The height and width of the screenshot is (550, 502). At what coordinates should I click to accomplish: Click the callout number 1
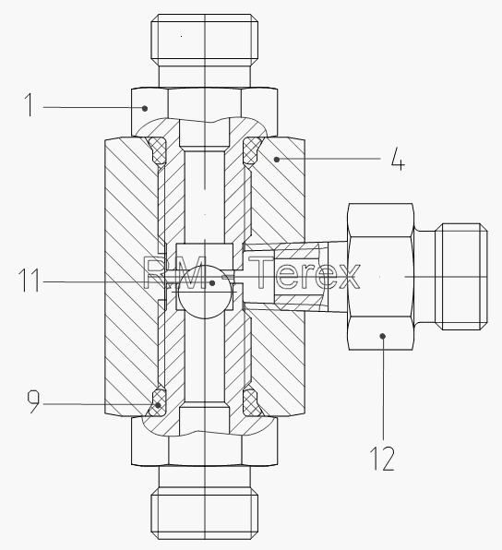pyautogui.click(x=30, y=105)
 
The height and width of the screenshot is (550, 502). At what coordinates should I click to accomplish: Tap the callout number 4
pyautogui.click(x=398, y=159)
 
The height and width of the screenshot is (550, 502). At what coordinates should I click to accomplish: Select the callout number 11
pyautogui.click(x=30, y=280)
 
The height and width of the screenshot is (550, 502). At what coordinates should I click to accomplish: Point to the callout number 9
pyautogui.click(x=33, y=402)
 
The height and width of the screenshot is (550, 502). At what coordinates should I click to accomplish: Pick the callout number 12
pyautogui.click(x=382, y=458)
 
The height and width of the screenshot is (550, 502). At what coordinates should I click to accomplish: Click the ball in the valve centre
pyautogui.click(x=205, y=292)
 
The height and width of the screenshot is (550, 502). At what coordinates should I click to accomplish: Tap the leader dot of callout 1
pyautogui.click(x=145, y=108)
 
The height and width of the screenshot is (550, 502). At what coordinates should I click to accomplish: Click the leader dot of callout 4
pyautogui.click(x=277, y=160)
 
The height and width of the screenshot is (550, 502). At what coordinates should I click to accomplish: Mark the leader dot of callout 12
pyautogui.click(x=383, y=336)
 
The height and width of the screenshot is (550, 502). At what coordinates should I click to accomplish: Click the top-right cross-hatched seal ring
pyautogui.click(x=252, y=150)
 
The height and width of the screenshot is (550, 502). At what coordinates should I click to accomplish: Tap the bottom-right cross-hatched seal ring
pyautogui.click(x=252, y=402)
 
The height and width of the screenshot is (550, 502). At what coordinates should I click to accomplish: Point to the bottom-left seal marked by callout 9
pyautogui.click(x=158, y=402)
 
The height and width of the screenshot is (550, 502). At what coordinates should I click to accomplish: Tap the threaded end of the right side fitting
pyautogui.click(x=461, y=277)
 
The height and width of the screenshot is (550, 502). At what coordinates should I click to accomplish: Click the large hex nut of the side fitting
pyautogui.click(x=381, y=277)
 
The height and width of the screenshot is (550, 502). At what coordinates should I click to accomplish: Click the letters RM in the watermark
pyautogui.click(x=174, y=272)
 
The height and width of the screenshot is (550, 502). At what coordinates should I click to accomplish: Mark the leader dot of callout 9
pyautogui.click(x=158, y=405)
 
